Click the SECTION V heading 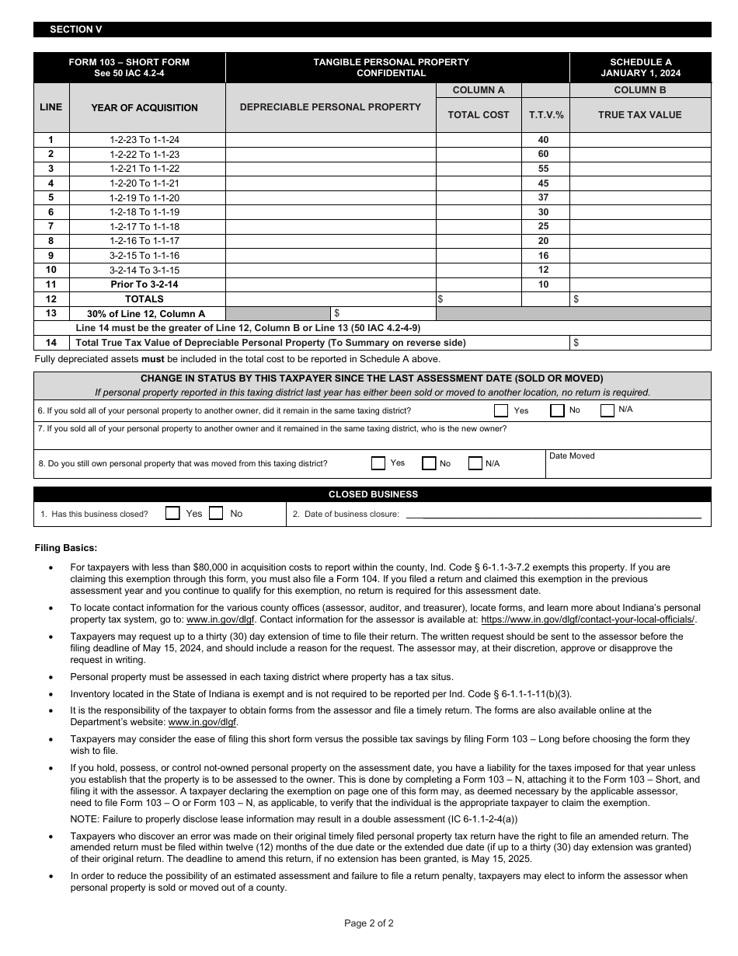point(76,30)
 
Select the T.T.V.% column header point(546,114)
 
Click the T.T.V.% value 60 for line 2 point(543,154)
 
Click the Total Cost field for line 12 point(479,298)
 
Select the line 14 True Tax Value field point(640,343)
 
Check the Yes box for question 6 point(501,410)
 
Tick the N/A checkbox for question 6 point(607,410)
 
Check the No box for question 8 point(429,463)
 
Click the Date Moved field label point(572,456)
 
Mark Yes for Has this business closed point(172,514)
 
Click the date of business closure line point(553,515)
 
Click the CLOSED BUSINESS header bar point(372,494)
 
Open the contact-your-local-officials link point(588,619)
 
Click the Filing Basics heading point(66,548)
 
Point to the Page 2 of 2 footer point(368,923)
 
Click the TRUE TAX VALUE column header point(639,114)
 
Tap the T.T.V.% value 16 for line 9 point(543,256)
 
